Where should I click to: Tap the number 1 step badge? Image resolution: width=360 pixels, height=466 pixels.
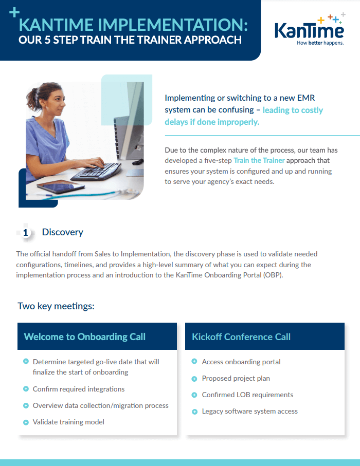click(x=26, y=233)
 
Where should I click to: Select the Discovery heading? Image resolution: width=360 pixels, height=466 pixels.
click(x=62, y=232)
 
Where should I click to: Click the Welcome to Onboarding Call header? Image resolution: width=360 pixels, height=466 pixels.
click(x=85, y=337)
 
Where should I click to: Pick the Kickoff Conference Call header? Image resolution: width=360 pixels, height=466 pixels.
click(x=241, y=337)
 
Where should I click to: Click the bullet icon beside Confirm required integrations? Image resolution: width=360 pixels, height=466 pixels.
click(x=26, y=389)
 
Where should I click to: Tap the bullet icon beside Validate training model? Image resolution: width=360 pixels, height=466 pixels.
click(x=26, y=422)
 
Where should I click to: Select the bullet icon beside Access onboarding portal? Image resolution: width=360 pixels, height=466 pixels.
click(x=194, y=362)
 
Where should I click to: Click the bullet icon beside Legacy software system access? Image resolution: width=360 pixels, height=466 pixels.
click(x=194, y=411)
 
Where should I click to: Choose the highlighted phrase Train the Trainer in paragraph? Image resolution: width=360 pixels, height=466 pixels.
click(x=259, y=161)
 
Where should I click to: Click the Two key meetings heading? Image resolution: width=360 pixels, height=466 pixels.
click(x=56, y=306)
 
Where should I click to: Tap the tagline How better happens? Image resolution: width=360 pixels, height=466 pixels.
click(x=320, y=43)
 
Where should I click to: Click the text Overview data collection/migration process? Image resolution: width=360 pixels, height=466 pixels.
click(x=100, y=405)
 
